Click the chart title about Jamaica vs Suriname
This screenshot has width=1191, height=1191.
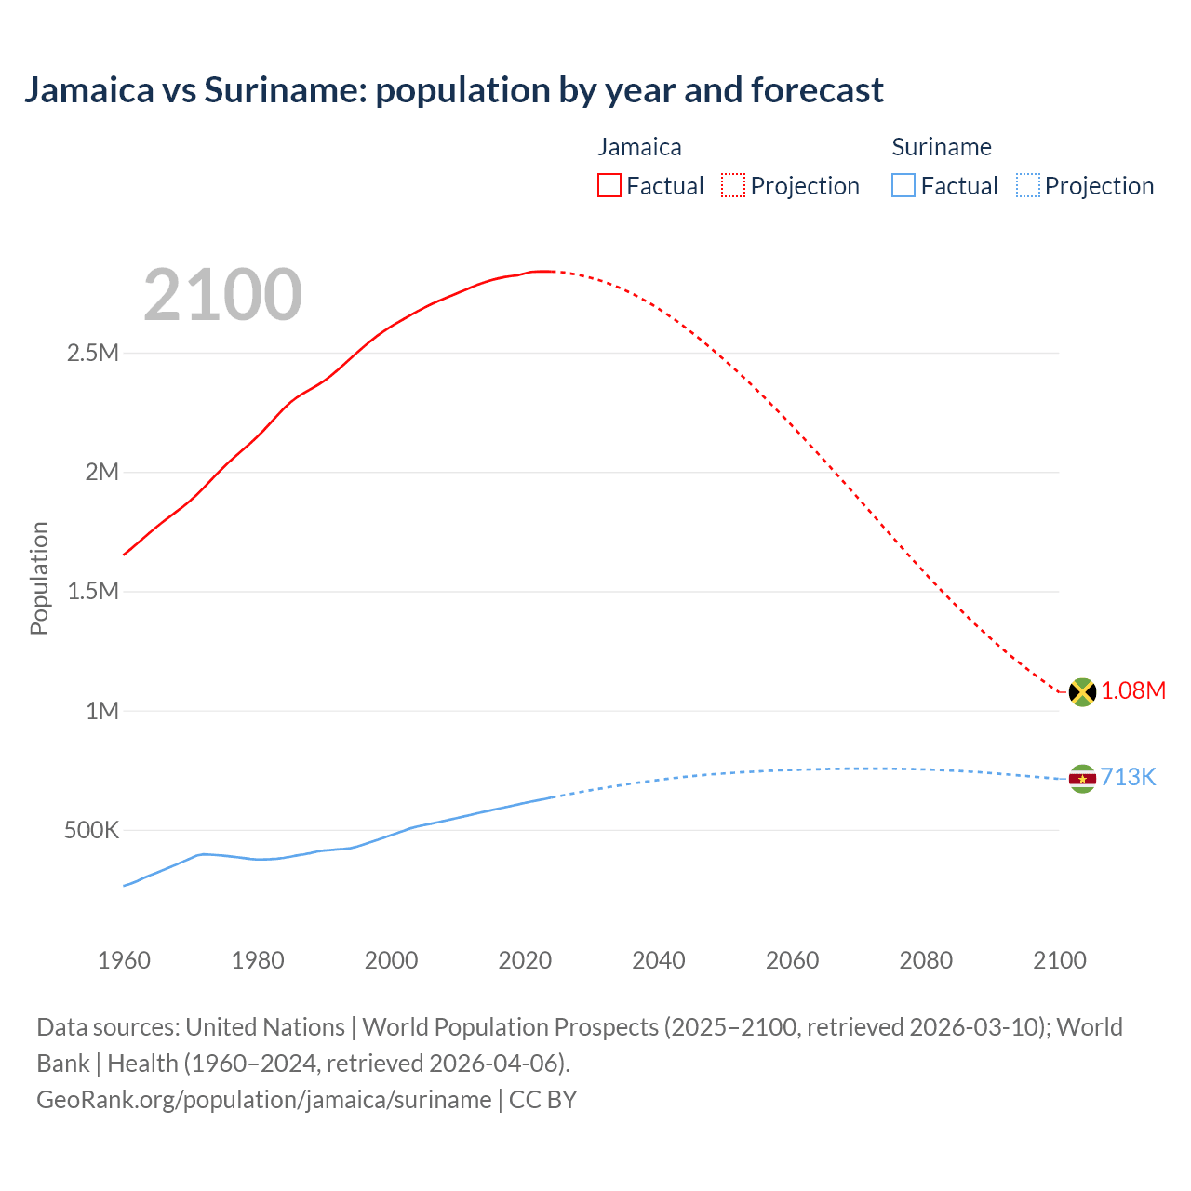453,90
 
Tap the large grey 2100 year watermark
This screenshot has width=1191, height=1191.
222,295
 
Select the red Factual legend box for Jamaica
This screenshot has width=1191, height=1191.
609,185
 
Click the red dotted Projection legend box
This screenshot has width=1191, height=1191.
733,185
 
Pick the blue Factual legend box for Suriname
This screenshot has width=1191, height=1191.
903,185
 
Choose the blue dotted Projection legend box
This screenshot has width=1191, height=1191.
1027,185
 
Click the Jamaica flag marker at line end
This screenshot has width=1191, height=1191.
1081,691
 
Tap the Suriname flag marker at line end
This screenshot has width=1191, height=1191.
1081,778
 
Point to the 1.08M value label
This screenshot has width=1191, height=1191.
1132,690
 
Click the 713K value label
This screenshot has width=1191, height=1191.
1128,777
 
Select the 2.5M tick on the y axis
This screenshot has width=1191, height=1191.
93,353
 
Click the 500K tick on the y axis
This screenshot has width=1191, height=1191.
91,830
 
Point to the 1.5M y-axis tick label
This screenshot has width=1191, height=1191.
93,591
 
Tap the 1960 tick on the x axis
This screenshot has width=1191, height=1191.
124,960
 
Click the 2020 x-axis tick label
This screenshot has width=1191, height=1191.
525,960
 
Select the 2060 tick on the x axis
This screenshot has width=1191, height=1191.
792,960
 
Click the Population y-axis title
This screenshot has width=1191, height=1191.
39,578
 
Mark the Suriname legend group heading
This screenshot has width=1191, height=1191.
941,147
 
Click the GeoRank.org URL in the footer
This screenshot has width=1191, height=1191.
263,1099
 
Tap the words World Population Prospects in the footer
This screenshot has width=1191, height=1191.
510,1026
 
